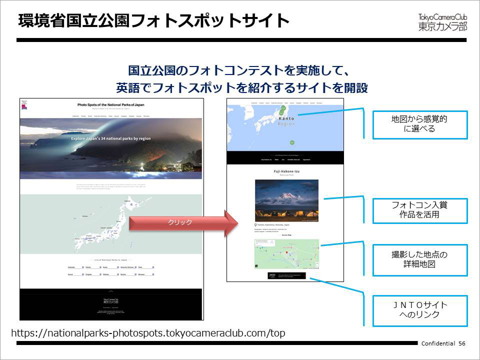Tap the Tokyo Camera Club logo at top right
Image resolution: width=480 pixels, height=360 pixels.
[x=442, y=22]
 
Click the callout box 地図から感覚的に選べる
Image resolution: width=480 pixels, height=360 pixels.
[x=419, y=124]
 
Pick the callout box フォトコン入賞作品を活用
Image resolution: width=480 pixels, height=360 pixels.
[x=419, y=210]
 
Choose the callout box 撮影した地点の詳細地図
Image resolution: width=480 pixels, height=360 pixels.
[x=419, y=259]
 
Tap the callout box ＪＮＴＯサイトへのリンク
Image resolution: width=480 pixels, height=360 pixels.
[x=419, y=310]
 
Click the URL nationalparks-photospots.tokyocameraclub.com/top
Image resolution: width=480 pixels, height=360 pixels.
[x=148, y=333]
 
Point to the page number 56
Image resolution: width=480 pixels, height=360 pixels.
[x=461, y=343]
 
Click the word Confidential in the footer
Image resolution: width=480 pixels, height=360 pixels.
[x=438, y=343]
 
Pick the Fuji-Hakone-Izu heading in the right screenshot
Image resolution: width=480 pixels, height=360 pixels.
[x=285, y=171]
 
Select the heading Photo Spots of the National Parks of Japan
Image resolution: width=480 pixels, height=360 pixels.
[x=111, y=105]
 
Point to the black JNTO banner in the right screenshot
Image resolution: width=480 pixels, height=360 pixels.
[x=286, y=275]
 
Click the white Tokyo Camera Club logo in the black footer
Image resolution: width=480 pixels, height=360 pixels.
[x=111, y=301]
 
